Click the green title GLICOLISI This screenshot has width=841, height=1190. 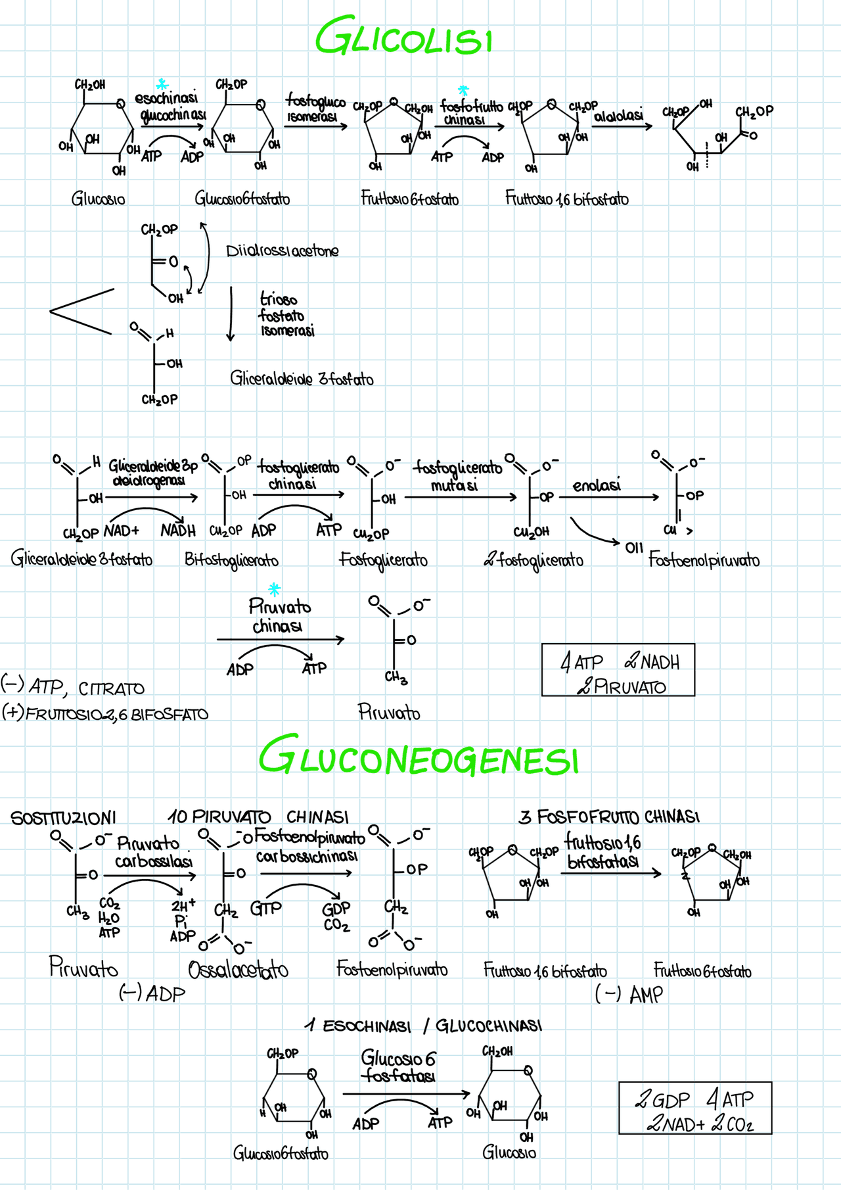[x=403, y=37]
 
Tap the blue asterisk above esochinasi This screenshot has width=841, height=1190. [x=162, y=85]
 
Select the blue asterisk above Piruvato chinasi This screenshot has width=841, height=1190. [x=275, y=588]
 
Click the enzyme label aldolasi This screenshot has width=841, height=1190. [x=618, y=116]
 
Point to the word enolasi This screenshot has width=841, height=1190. [x=597, y=486]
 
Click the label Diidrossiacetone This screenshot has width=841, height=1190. [x=283, y=251]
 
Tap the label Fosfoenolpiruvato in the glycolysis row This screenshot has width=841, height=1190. [x=704, y=560]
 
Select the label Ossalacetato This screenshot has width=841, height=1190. [x=238, y=970]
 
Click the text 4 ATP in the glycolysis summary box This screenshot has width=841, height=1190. [x=581, y=662]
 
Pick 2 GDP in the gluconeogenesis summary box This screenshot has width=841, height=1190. [x=662, y=1100]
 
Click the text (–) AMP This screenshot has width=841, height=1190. [x=629, y=995]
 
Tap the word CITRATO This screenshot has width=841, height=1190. [x=111, y=689]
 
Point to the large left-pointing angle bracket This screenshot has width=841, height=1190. [x=81, y=311]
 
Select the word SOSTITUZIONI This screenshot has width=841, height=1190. [x=63, y=818]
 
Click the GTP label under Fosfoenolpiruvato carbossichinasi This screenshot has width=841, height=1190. [x=265, y=909]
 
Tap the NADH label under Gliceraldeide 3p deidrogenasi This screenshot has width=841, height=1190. [x=178, y=531]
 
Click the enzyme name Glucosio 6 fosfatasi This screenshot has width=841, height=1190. [x=398, y=1066]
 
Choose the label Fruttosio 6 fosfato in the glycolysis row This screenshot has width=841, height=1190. [x=409, y=199]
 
